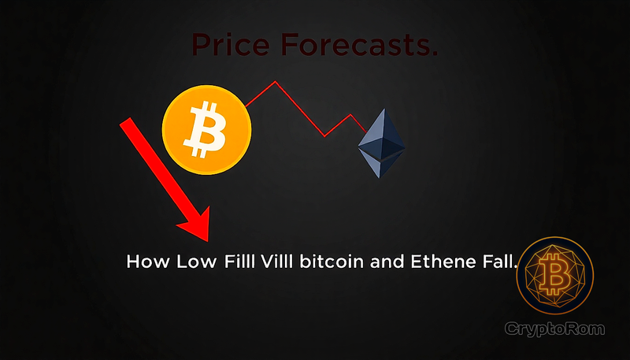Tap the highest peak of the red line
(x=275, y=81)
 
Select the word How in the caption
(x=144, y=262)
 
